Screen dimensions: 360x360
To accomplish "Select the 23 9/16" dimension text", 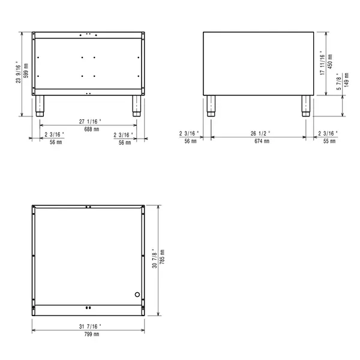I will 19,74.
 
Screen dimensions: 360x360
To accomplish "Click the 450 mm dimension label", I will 331,61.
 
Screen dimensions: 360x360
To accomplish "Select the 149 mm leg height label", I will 346,84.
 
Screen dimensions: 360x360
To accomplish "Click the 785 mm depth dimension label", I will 162,259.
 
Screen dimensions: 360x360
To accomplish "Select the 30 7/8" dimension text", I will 155,259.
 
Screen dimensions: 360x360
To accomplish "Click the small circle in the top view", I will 137,295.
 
